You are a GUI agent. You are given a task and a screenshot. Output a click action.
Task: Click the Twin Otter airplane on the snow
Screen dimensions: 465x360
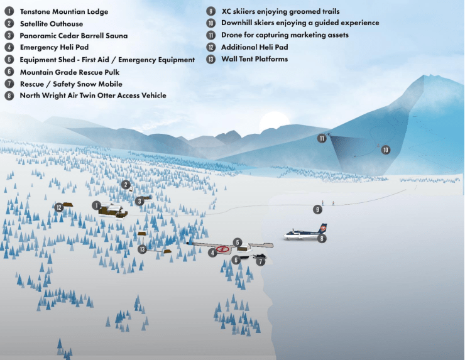tap(305, 233)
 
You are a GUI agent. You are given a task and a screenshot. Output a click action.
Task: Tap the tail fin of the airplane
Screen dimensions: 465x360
tap(322, 228)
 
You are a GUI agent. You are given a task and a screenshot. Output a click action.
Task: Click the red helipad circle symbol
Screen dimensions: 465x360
tap(222, 249)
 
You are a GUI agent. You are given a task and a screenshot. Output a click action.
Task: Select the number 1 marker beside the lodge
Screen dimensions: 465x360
tap(96, 205)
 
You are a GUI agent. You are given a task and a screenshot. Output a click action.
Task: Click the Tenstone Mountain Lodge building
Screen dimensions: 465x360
tap(112, 210)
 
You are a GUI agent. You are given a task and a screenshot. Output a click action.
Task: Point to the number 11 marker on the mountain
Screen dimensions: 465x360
tap(322, 138)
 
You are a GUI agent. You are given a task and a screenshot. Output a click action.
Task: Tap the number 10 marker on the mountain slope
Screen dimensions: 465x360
tap(386, 150)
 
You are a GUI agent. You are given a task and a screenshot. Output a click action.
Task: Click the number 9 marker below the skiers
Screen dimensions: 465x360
tap(317, 210)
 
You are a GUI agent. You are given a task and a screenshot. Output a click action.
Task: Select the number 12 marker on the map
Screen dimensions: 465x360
tap(59, 207)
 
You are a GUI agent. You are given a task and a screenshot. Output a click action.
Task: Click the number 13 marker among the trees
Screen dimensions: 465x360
tap(143, 249)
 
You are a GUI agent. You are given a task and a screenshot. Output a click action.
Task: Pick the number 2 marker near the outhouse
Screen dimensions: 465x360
tap(126, 185)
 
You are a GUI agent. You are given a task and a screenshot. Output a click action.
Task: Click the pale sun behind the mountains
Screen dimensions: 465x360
tap(275, 122)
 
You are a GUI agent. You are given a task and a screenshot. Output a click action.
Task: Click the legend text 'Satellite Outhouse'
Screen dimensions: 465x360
tap(52, 24)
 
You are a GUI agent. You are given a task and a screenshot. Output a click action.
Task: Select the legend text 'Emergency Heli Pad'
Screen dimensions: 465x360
tap(54, 47)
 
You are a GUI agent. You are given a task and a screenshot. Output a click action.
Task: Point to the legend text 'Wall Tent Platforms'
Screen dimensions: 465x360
tap(254, 58)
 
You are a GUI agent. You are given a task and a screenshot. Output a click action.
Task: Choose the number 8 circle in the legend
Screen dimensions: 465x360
tap(9, 95)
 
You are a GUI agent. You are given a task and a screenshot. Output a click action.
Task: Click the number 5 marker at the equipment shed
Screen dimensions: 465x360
tap(238, 243)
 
